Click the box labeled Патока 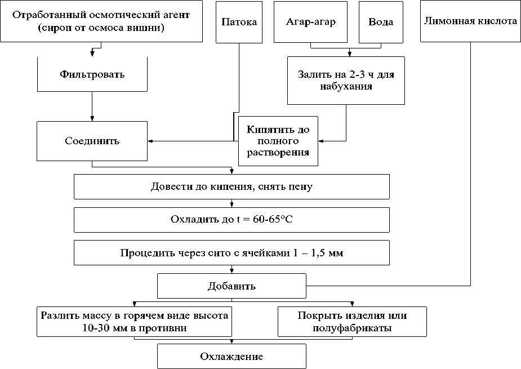coord(239,22)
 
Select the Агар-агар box coord(310,22)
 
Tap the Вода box coord(381,22)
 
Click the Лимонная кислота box coord(469,22)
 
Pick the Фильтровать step coord(92,74)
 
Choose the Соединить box coord(92,140)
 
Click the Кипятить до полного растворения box coord(278,141)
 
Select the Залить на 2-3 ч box coord(346,81)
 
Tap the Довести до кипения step coord(231,187)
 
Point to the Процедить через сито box coord(231,253)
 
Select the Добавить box coord(231,286)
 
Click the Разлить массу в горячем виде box coord(135,322)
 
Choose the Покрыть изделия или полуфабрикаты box coord(352,322)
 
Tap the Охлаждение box coord(231,357)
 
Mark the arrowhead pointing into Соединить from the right coord(150,140)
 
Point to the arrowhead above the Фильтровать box coord(92,55)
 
